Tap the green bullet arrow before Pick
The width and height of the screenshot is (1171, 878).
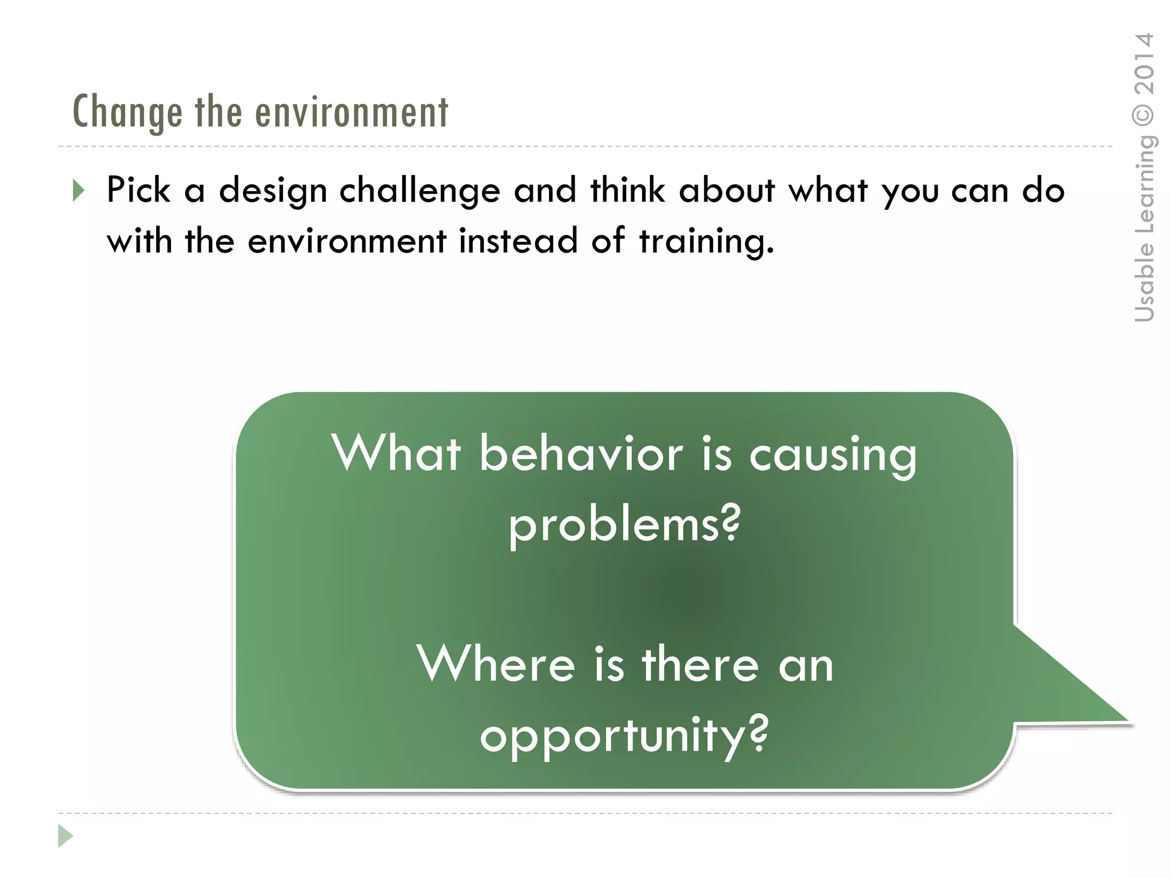click(79, 190)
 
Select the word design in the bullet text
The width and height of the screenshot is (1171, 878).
click(273, 190)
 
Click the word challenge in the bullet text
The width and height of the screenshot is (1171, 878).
click(420, 190)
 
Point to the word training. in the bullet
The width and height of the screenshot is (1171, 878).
click(706, 241)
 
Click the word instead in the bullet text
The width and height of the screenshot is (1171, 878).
click(518, 240)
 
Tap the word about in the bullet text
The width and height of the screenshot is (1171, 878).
click(726, 190)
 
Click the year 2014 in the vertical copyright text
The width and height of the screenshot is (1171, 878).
click(1144, 64)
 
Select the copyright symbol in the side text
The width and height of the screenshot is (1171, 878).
click(1144, 115)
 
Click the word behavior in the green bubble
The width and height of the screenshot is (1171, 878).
click(581, 454)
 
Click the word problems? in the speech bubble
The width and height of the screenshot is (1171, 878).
click(624, 525)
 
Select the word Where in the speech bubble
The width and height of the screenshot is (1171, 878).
click(496, 664)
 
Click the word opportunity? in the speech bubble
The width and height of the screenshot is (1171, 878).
click(624, 736)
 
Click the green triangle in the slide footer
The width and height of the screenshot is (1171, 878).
click(65, 836)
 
